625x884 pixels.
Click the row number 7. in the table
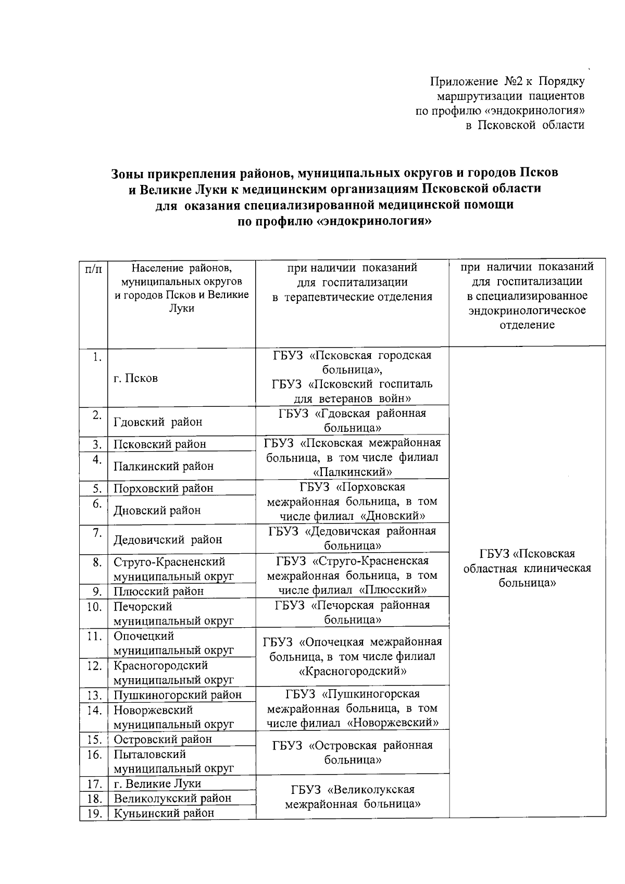tap(96, 532)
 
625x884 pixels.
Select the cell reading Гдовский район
tap(158, 422)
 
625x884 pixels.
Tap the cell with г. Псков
tap(135, 379)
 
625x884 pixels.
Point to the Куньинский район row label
tap(164, 813)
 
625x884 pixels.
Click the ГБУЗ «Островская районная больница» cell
tap(352, 752)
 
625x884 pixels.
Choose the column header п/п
tap(93, 269)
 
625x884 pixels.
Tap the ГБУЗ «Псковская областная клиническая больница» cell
tap(527, 568)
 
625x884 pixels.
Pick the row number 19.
tap(94, 813)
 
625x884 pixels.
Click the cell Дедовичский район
tap(168, 540)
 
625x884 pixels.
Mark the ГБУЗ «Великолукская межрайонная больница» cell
tap(352, 797)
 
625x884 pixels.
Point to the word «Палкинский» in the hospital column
tap(352, 472)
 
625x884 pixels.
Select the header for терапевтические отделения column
tap(352, 282)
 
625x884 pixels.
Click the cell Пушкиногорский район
tap(178, 694)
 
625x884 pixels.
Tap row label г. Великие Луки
tap(157, 783)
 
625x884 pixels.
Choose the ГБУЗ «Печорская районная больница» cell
tap(352, 612)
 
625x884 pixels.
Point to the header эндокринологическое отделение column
tap(527, 296)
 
